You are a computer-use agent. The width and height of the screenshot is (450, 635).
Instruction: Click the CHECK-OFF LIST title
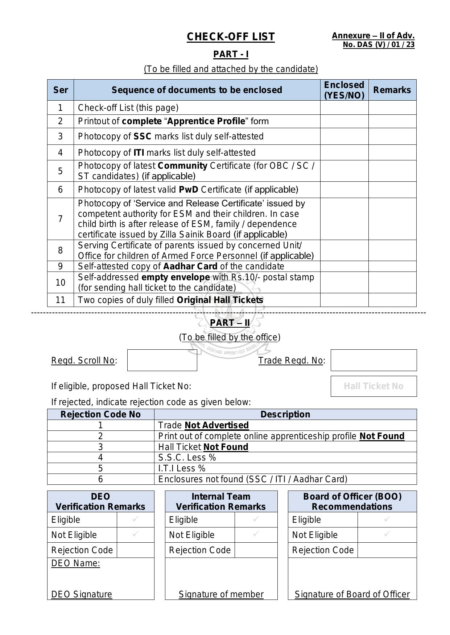tap(231, 37)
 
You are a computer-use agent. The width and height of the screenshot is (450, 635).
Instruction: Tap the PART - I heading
tap(231, 54)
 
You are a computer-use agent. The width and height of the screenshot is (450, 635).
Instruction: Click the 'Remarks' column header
tap(392, 90)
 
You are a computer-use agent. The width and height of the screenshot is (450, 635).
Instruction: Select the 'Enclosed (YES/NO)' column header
tap(344, 90)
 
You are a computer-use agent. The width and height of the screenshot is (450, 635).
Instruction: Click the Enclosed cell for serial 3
tap(344, 136)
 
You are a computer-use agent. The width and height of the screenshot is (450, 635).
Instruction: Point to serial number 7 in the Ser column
tap(60, 219)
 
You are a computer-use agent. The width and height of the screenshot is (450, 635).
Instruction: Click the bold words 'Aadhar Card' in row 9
tap(190, 266)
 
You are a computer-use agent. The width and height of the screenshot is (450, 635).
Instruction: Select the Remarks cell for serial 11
tap(392, 300)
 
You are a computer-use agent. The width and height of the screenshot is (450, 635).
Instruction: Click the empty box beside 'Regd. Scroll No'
tap(162, 360)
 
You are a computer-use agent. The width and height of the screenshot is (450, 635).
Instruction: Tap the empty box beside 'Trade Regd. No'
tap(373, 360)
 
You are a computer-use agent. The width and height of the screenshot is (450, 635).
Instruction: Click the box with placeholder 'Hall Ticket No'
tap(373, 386)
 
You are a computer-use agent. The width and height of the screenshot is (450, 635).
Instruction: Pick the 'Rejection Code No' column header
tap(100, 415)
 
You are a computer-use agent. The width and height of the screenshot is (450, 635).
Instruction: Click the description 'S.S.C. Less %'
tap(187, 458)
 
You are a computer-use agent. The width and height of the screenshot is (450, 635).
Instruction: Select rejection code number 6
tap(100, 479)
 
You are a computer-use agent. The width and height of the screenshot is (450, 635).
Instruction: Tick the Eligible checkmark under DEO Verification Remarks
tap(135, 519)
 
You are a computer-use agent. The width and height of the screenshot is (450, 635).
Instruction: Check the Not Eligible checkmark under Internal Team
tap(256, 534)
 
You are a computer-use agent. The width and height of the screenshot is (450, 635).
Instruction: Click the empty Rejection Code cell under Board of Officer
tap(387, 550)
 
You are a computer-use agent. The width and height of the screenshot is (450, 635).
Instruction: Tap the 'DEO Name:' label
tap(75, 563)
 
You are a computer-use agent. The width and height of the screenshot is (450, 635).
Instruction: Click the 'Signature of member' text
tap(221, 594)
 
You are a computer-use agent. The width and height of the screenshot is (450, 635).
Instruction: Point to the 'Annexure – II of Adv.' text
tap(373, 36)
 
